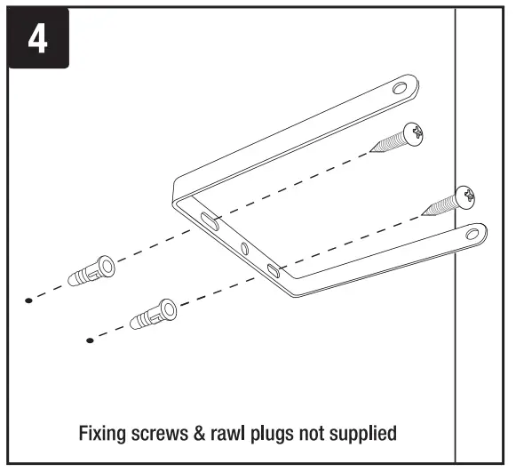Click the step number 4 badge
[38, 38]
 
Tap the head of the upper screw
[413, 134]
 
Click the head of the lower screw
[465, 197]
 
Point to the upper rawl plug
[91, 271]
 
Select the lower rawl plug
[154, 315]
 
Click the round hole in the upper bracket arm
[400, 88]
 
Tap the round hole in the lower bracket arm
[472, 234]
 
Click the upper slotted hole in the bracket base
[210, 221]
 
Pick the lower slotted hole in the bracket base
[274, 271]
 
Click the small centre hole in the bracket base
[245, 248]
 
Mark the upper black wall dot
[28, 300]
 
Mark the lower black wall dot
[90, 340]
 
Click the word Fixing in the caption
[102, 434]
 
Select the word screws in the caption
[160, 435]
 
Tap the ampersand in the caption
[200, 434]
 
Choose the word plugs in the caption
[272, 435]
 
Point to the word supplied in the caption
[363, 435]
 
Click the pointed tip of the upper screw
[369, 151]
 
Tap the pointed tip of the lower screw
[422, 214]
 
